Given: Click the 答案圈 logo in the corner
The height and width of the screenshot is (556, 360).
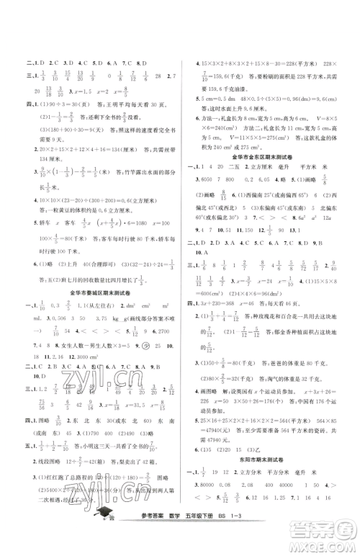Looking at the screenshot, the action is pos(328,534).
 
